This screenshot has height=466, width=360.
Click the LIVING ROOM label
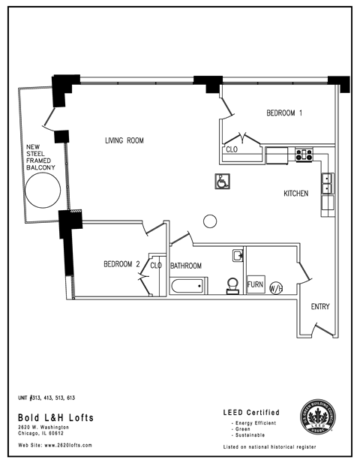pyautogui.click(x=124, y=140)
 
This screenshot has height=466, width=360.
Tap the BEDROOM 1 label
pyautogui.click(x=284, y=114)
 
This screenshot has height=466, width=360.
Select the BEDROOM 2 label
pyautogui.click(x=121, y=264)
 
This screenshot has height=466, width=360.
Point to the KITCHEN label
pyautogui.click(x=295, y=194)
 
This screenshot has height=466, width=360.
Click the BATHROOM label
pyautogui.click(x=185, y=266)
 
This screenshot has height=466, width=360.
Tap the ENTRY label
pyautogui.click(x=319, y=307)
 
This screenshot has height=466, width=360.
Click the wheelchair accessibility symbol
pyautogui.click(x=221, y=181)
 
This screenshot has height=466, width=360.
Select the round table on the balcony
pyautogui.click(x=41, y=194)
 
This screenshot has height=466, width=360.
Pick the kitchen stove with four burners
pyautogui.click(x=304, y=155)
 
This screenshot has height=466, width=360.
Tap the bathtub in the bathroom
pyautogui.click(x=187, y=287)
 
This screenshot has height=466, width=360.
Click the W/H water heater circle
pyautogui.click(x=275, y=288)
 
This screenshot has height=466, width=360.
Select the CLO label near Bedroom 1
pyautogui.click(x=232, y=149)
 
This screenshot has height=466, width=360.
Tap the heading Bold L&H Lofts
pyautogui.click(x=56, y=417)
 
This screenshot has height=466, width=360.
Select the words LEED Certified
pyautogui.click(x=251, y=413)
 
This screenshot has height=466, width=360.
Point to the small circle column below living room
pyautogui.click(x=210, y=220)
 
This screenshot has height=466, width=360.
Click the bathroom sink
pyautogui.click(x=237, y=254)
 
